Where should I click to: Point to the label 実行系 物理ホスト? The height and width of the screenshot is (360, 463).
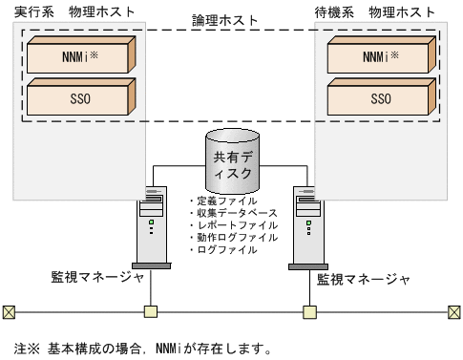coord(74,11)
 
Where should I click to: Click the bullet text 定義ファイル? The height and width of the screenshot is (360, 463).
coord(221,201)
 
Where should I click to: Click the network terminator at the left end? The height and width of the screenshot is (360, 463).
coord(9,311)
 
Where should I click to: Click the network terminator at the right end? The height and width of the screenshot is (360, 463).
coord(454,311)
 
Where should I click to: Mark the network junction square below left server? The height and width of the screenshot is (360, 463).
coord(150,311)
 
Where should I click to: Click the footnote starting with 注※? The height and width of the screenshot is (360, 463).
coord(136,347)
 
